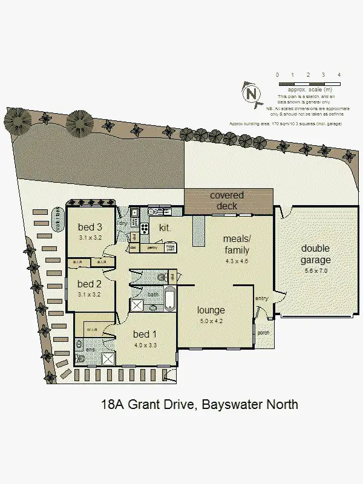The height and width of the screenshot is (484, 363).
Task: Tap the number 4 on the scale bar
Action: pos(339,74)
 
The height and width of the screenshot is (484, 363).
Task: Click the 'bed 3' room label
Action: pos(90,227)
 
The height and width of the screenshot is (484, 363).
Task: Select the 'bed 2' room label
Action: pos(90,284)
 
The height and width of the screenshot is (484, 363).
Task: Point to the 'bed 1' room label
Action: pos(145,335)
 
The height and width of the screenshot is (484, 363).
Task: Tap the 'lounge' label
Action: pos(211,310)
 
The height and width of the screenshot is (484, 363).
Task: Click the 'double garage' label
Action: pos(316,254)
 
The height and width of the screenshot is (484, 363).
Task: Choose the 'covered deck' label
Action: pos(227,200)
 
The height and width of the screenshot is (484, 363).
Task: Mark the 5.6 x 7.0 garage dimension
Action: pos(316,271)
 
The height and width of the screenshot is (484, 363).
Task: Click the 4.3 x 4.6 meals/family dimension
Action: pos(237,261)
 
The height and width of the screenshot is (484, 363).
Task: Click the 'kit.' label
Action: pos(164,228)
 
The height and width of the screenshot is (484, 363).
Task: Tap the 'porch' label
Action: pos(264,332)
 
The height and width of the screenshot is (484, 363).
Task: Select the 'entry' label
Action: pos(261,298)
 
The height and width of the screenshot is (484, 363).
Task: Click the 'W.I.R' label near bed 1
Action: pos(92,330)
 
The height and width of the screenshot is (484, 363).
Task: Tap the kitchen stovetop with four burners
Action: pos(145,228)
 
